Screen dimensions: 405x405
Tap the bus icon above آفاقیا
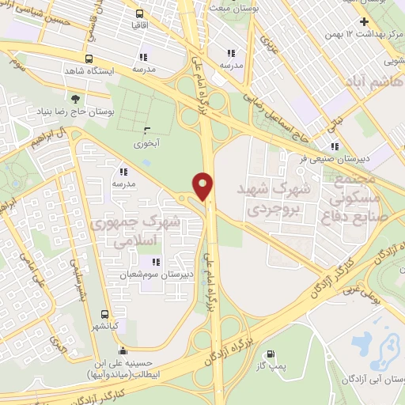(x=140, y=13)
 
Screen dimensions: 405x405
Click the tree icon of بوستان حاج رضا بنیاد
(x=75, y=99)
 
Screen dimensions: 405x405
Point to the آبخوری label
(x=146, y=144)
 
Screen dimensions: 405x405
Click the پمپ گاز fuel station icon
(x=273, y=354)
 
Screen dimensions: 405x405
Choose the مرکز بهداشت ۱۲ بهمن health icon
(x=363, y=21)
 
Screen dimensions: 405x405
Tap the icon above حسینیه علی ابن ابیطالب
(x=123, y=351)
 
